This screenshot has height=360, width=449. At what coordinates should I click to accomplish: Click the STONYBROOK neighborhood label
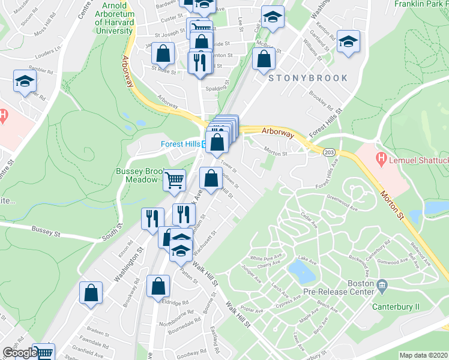308,78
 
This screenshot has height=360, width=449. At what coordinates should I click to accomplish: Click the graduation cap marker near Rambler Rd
25,82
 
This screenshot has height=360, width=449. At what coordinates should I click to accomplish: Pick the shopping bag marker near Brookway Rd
91,293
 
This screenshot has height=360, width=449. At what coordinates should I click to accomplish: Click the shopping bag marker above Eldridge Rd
158,287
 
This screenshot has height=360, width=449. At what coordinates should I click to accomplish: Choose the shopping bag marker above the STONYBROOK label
264,59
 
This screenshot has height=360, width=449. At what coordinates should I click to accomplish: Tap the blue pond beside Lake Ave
301,271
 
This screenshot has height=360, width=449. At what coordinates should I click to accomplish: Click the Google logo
19,353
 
